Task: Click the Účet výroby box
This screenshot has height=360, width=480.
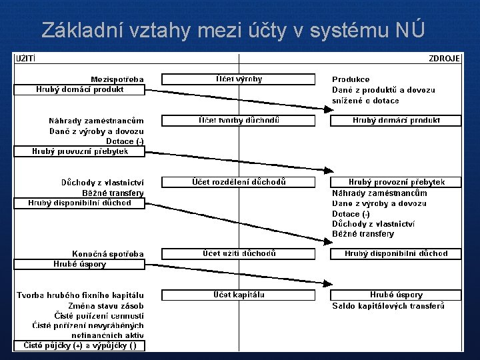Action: (238, 79)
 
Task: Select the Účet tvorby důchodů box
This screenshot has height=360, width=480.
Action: (238, 121)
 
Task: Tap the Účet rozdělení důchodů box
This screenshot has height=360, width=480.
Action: (238, 182)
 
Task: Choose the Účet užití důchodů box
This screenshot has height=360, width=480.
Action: (238, 253)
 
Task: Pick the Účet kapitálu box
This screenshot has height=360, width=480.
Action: (238, 295)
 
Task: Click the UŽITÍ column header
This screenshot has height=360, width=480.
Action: (26, 59)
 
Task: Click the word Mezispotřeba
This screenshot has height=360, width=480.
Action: (117, 79)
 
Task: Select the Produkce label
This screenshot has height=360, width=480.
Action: (351, 79)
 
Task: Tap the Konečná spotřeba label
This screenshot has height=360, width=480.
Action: (108, 254)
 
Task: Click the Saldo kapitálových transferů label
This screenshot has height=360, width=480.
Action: (388, 306)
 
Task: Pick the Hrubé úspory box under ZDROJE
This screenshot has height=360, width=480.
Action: (396, 295)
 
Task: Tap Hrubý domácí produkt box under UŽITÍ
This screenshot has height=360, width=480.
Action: (79, 89)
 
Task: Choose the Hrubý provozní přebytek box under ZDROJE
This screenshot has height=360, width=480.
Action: (396, 182)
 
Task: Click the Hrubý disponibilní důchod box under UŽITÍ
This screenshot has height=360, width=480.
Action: (79, 203)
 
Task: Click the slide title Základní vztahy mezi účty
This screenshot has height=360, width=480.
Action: (231, 30)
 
